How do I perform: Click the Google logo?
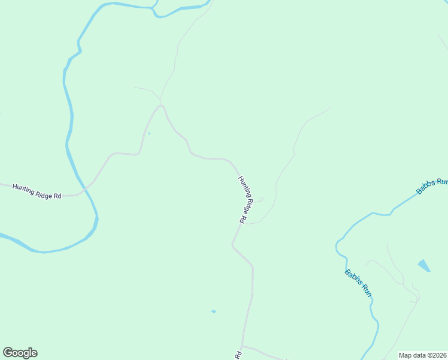(20, 353)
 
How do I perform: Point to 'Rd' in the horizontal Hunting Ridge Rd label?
(57, 196)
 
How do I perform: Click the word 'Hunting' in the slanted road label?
(244, 187)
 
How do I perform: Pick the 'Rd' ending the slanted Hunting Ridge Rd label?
(242, 220)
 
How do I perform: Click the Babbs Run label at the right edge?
(432, 186)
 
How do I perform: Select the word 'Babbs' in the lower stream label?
(353, 278)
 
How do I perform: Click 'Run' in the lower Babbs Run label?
(367, 292)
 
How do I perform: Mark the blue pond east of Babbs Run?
(423, 265)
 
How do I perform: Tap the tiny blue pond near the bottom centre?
(213, 311)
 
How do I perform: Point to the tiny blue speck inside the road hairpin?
(149, 133)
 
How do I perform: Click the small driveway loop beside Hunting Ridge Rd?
(261, 199)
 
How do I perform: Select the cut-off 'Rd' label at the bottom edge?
(238, 355)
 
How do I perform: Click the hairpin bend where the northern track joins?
(161, 106)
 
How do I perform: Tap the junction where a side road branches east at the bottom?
(242, 346)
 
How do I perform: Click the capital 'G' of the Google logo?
(8, 353)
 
